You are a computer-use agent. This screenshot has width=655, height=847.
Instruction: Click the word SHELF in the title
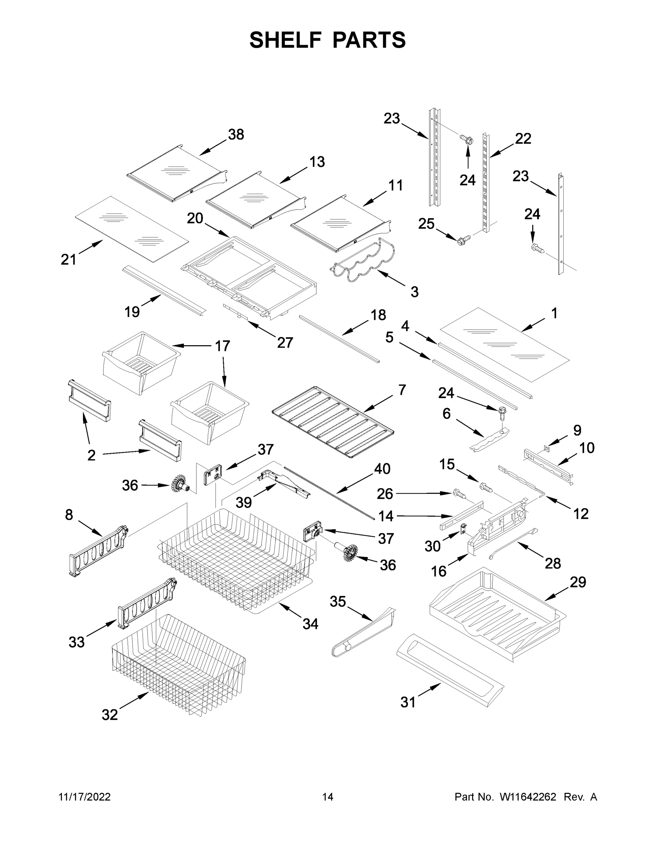pos(285,40)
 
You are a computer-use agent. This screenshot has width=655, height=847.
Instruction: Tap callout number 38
pos(236,134)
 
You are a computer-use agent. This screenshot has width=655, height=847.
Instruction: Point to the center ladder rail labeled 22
pos(486,182)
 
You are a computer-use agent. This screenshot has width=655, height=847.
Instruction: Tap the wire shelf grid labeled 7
pos(333,422)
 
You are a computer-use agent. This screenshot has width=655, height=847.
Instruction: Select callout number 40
pos(382,469)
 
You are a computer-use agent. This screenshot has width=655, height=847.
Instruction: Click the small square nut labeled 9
pos(546,448)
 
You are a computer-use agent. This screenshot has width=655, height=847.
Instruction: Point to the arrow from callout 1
pos(535,325)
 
